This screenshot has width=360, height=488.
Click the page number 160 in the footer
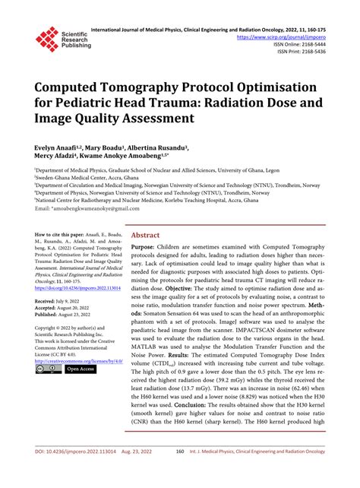tap(180, 472)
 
